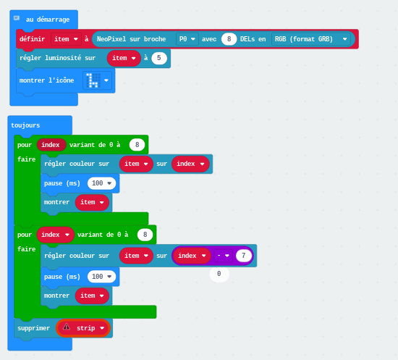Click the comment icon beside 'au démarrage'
(x=17, y=18)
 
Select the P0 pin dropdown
(x=187, y=39)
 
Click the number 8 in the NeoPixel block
(x=229, y=39)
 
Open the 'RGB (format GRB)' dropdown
(x=311, y=39)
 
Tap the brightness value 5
(x=159, y=58)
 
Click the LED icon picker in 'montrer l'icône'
(x=97, y=80)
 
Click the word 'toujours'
(x=25, y=125)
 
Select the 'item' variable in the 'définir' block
(x=66, y=39)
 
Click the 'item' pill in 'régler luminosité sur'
(x=124, y=58)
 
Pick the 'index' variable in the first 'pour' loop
(x=51, y=145)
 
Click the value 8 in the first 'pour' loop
(x=137, y=145)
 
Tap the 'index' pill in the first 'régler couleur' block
(x=190, y=164)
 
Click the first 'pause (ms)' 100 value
(x=101, y=183)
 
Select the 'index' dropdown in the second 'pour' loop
(x=55, y=235)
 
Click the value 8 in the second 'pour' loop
(x=145, y=235)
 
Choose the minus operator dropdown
(x=223, y=256)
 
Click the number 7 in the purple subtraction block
(x=244, y=256)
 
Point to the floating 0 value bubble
(x=219, y=274)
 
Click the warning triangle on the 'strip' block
(x=67, y=327)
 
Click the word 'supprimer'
(x=33, y=328)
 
